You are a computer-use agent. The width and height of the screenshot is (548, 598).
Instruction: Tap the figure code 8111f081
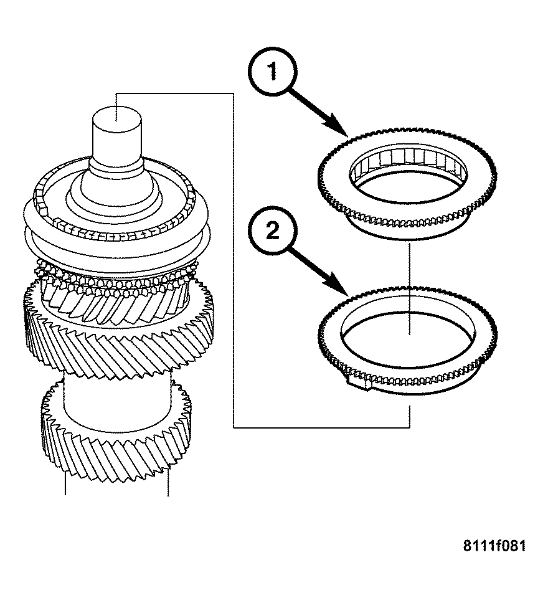tap(494, 546)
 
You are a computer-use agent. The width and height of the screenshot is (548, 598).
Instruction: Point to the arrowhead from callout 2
tap(343, 293)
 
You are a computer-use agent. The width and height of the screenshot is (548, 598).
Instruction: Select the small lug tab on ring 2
tap(357, 385)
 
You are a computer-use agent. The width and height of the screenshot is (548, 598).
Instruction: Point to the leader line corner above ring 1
tap(233, 93)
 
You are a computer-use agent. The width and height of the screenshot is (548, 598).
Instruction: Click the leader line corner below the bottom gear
tap(233, 427)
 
